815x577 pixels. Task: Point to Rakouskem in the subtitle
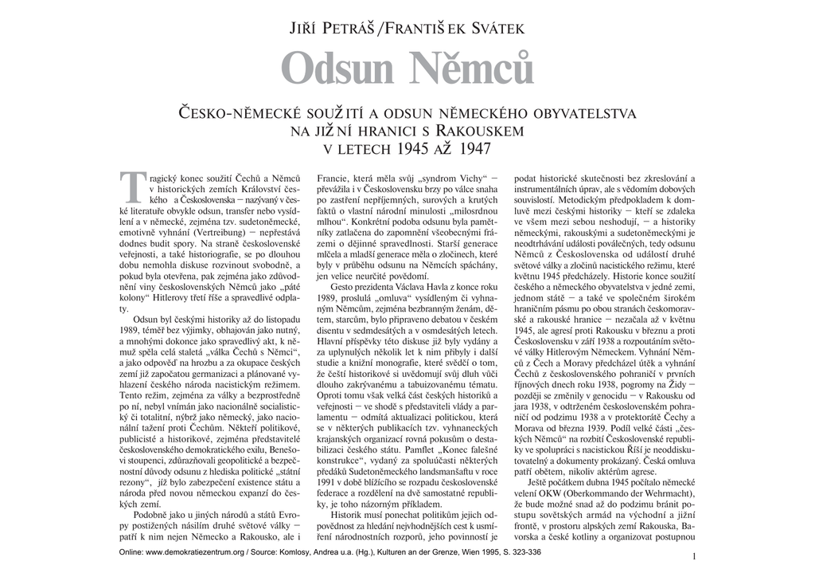click(485, 131)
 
